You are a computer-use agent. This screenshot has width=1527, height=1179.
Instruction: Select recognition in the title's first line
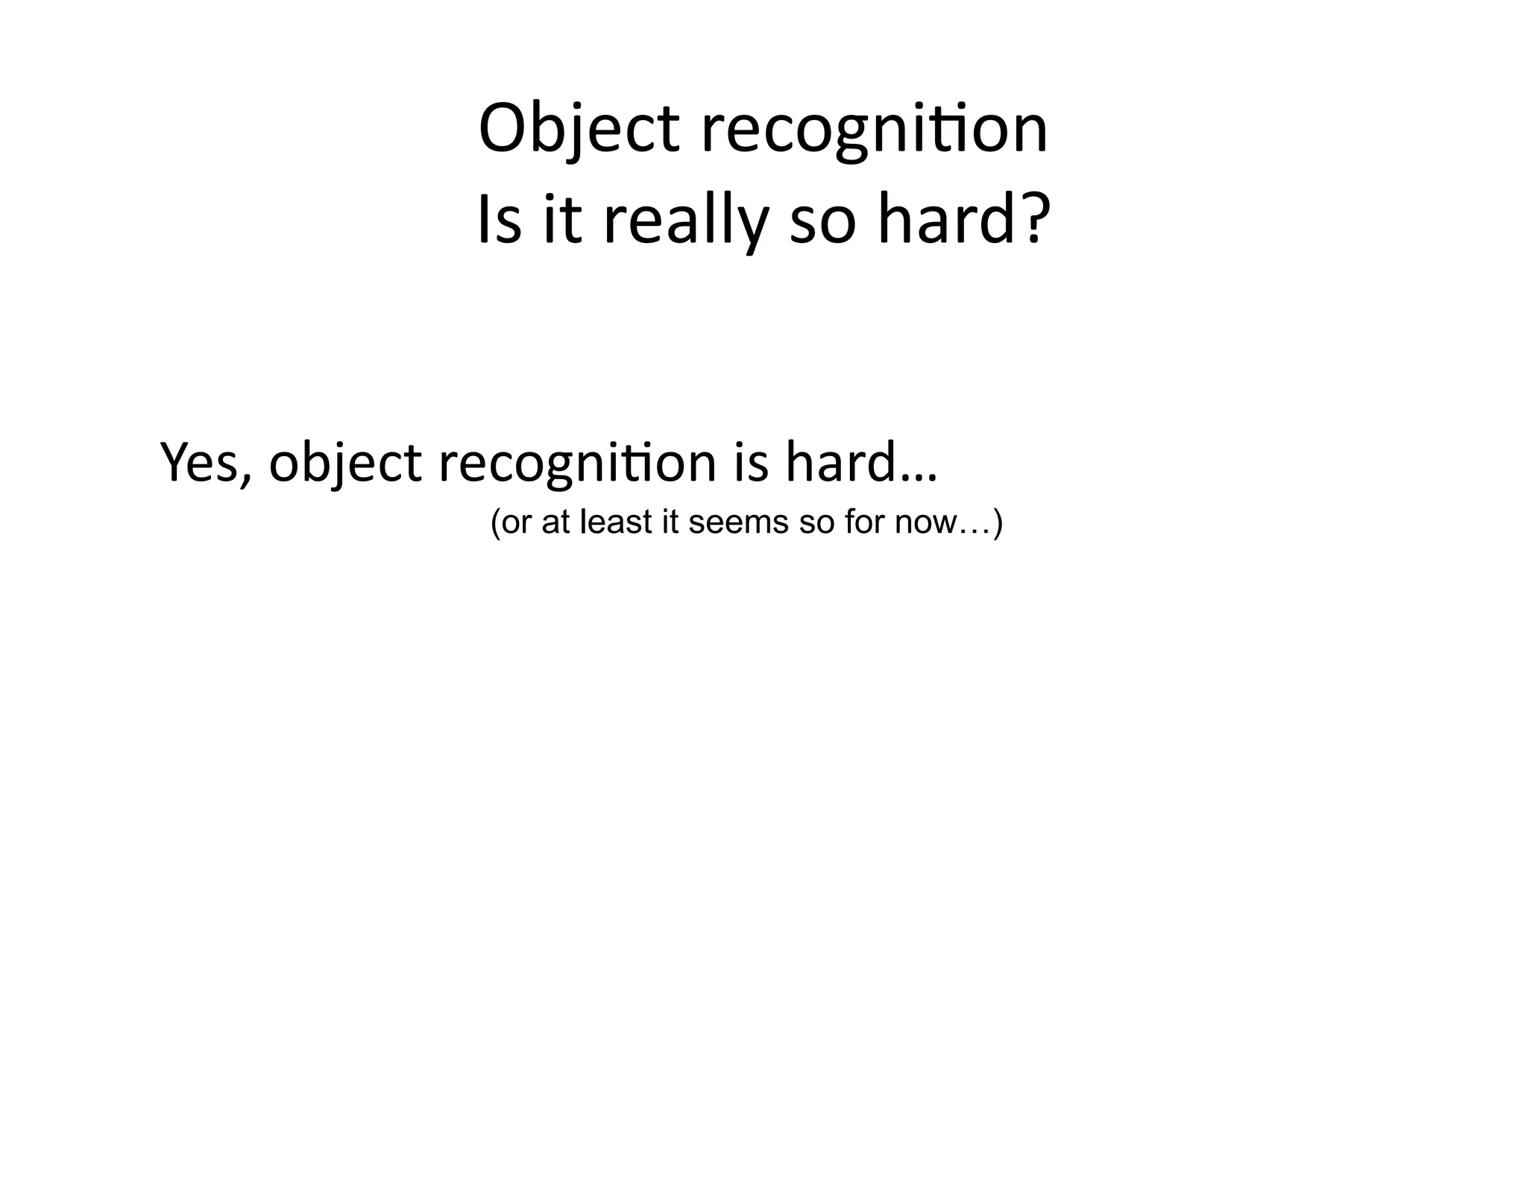[875, 130]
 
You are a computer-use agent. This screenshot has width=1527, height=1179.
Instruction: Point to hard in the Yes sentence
[840, 463]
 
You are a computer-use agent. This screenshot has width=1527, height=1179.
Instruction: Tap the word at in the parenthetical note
[555, 523]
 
